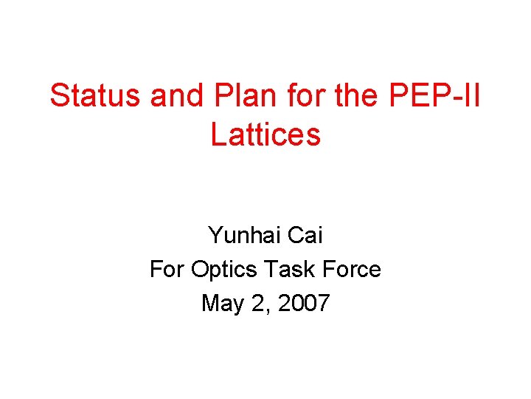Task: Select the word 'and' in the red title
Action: pyautogui.click(x=173, y=96)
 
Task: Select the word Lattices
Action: pyautogui.click(x=265, y=134)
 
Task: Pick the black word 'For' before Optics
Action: pyautogui.click(x=167, y=269)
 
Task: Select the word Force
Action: pyautogui.click(x=353, y=269)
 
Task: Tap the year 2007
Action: pyautogui.click(x=303, y=303)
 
